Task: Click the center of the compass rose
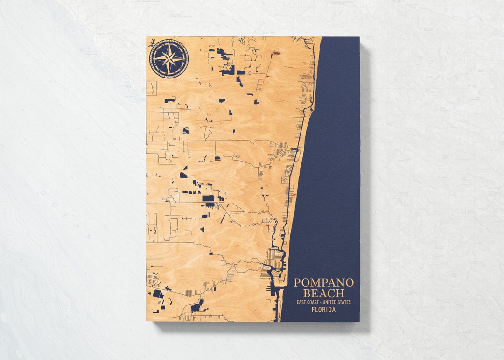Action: coord(169,58)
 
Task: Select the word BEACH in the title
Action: coord(323,294)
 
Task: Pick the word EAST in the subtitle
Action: coord(301,302)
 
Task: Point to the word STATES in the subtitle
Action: coord(345,302)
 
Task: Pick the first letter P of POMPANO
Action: coord(297,283)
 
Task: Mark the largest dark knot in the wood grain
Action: coord(276,53)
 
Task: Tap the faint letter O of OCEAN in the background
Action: coord(42,192)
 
